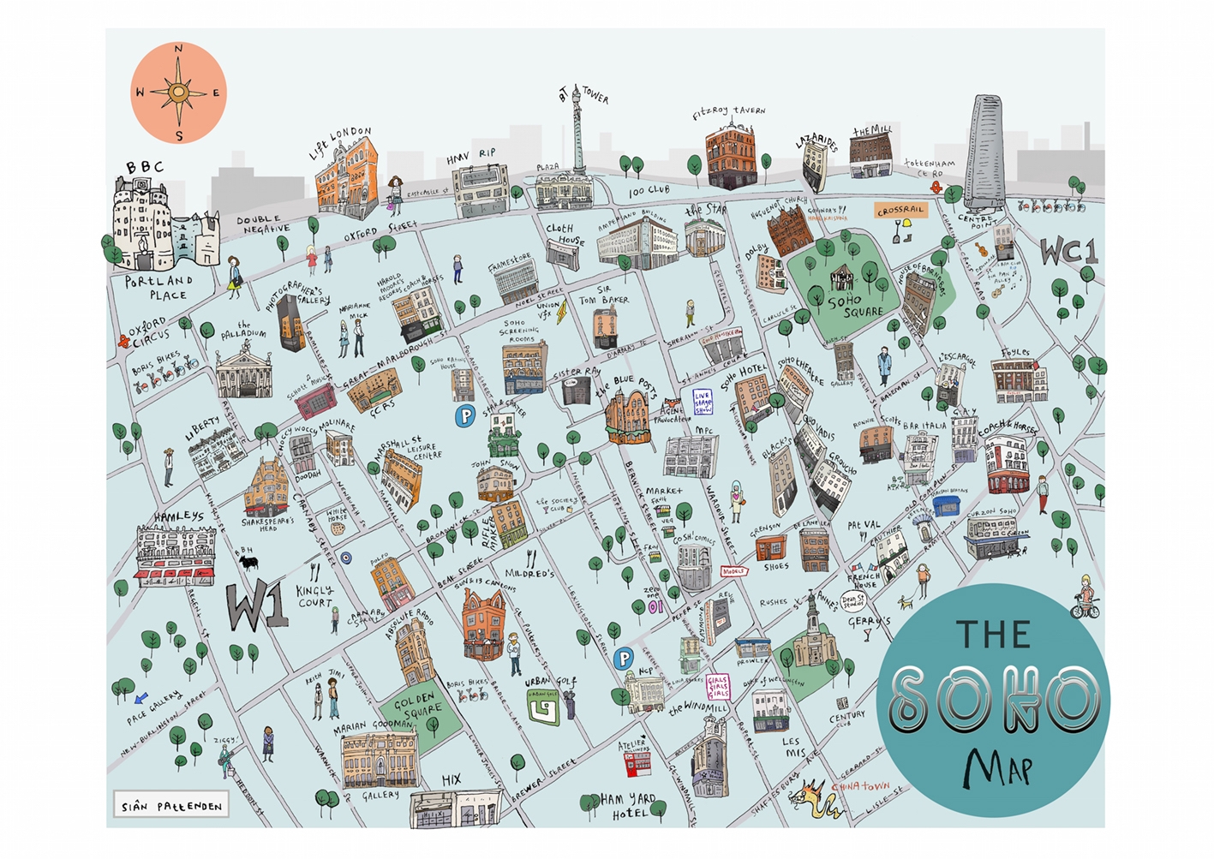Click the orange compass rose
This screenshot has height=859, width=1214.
[x=179, y=92]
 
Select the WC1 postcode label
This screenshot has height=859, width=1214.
[x=1068, y=252]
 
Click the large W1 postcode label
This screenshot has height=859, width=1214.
[x=256, y=606]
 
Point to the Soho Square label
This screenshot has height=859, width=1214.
[x=853, y=306]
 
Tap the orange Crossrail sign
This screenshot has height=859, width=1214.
[x=900, y=210]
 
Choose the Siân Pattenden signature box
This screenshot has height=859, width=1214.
[x=171, y=806]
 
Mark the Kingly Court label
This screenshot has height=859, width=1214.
[x=314, y=596]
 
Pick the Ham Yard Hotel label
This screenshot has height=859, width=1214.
[x=628, y=805]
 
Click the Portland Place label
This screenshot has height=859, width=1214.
[x=159, y=288]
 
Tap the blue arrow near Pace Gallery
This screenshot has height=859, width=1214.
[x=141, y=697]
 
